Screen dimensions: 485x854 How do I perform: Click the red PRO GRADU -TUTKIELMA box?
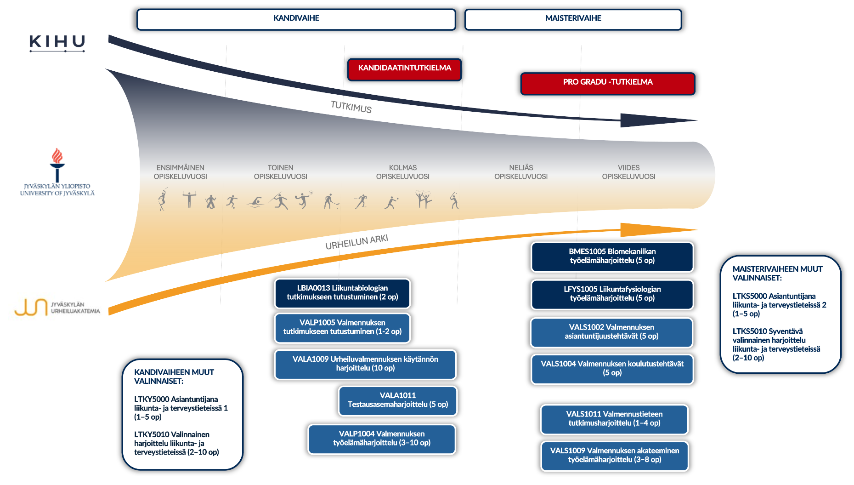pos(607,83)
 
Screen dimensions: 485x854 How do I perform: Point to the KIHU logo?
pos(57,42)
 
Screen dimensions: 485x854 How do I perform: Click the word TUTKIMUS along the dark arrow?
pos(351,107)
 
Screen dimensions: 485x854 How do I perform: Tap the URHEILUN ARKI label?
pos(356,242)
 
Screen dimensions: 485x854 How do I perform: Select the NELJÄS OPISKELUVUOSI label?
pos(521,172)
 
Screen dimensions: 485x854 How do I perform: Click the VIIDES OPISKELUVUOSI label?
pos(628,172)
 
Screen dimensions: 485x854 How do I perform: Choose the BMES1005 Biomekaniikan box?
pos(612,257)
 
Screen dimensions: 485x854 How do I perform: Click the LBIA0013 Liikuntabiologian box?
pos(342,293)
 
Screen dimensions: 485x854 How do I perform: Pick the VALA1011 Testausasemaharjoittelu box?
pos(397,400)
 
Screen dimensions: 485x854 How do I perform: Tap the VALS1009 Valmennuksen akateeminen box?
pos(614,456)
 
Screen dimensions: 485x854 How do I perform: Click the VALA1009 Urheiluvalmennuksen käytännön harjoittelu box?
pos(365,364)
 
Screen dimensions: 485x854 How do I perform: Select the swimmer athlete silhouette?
pos(256,202)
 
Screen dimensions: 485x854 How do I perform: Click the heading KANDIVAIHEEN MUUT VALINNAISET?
pos(174,377)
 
